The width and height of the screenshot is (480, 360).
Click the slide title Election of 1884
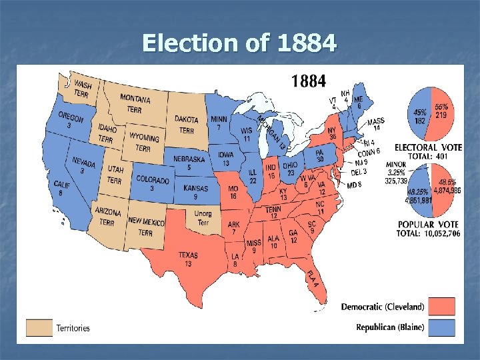click(x=239, y=43)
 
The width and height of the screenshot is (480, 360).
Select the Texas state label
click(x=188, y=259)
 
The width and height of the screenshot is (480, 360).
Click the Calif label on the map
click(x=62, y=188)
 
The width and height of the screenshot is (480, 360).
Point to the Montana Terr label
click(x=135, y=103)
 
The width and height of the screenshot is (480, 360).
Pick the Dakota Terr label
click(x=187, y=125)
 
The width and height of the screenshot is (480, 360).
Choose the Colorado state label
click(x=152, y=183)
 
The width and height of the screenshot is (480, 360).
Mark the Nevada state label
click(x=84, y=166)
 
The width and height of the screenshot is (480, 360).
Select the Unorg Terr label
click(x=203, y=218)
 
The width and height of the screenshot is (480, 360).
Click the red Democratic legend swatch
click(x=442, y=307)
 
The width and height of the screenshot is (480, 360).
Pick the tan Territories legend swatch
click(x=39, y=327)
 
